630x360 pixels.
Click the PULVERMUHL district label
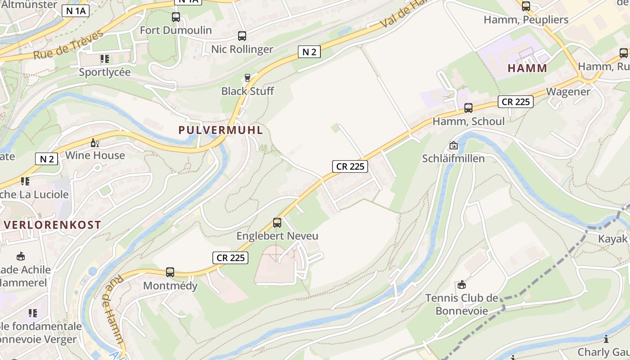tap(220, 130)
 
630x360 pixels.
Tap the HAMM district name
tap(527, 68)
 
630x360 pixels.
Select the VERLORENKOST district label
tap(52, 225)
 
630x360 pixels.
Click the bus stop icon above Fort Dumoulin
tap(176, 17)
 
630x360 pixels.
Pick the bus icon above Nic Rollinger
tap(242, 36)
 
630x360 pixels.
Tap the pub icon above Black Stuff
tap(247, 78)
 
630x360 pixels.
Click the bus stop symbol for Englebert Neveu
tap(277, 222)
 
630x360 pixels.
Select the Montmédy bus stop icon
tap(170, 272)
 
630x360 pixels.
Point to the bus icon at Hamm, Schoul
tap(468, 108)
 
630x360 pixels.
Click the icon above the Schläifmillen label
tap(453, 145)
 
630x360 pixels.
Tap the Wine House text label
tap(95, 155)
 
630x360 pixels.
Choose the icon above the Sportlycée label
tap(105, 59)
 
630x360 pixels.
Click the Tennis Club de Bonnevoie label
tap(462, 304)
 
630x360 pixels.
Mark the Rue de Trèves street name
tap(68, 45)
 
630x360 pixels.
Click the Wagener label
tap(568, 91)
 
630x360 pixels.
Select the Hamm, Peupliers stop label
tap(526, 20)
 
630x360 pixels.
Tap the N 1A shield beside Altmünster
tap(75, 11)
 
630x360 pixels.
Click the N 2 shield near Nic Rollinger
tap(309, 52)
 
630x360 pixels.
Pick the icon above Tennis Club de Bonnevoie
tap(461, 284)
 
